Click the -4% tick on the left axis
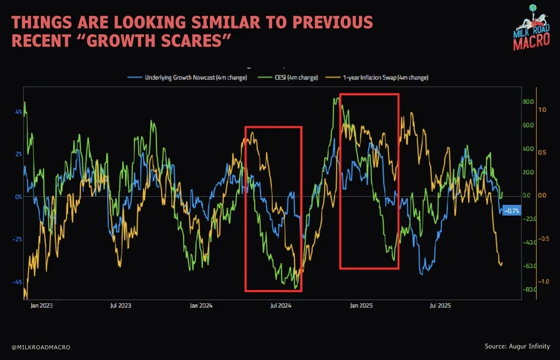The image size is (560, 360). click(17, 282)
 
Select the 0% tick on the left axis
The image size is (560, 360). click(18, 196)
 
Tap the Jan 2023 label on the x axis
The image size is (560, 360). click(43, 306)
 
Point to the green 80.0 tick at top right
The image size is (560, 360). click(527, 102)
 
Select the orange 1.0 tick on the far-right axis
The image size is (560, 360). click(542, 109)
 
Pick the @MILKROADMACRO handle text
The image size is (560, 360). click(40, 347)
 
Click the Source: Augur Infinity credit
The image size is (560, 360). click(517, 346)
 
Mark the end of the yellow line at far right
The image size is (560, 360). click(501, 264)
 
